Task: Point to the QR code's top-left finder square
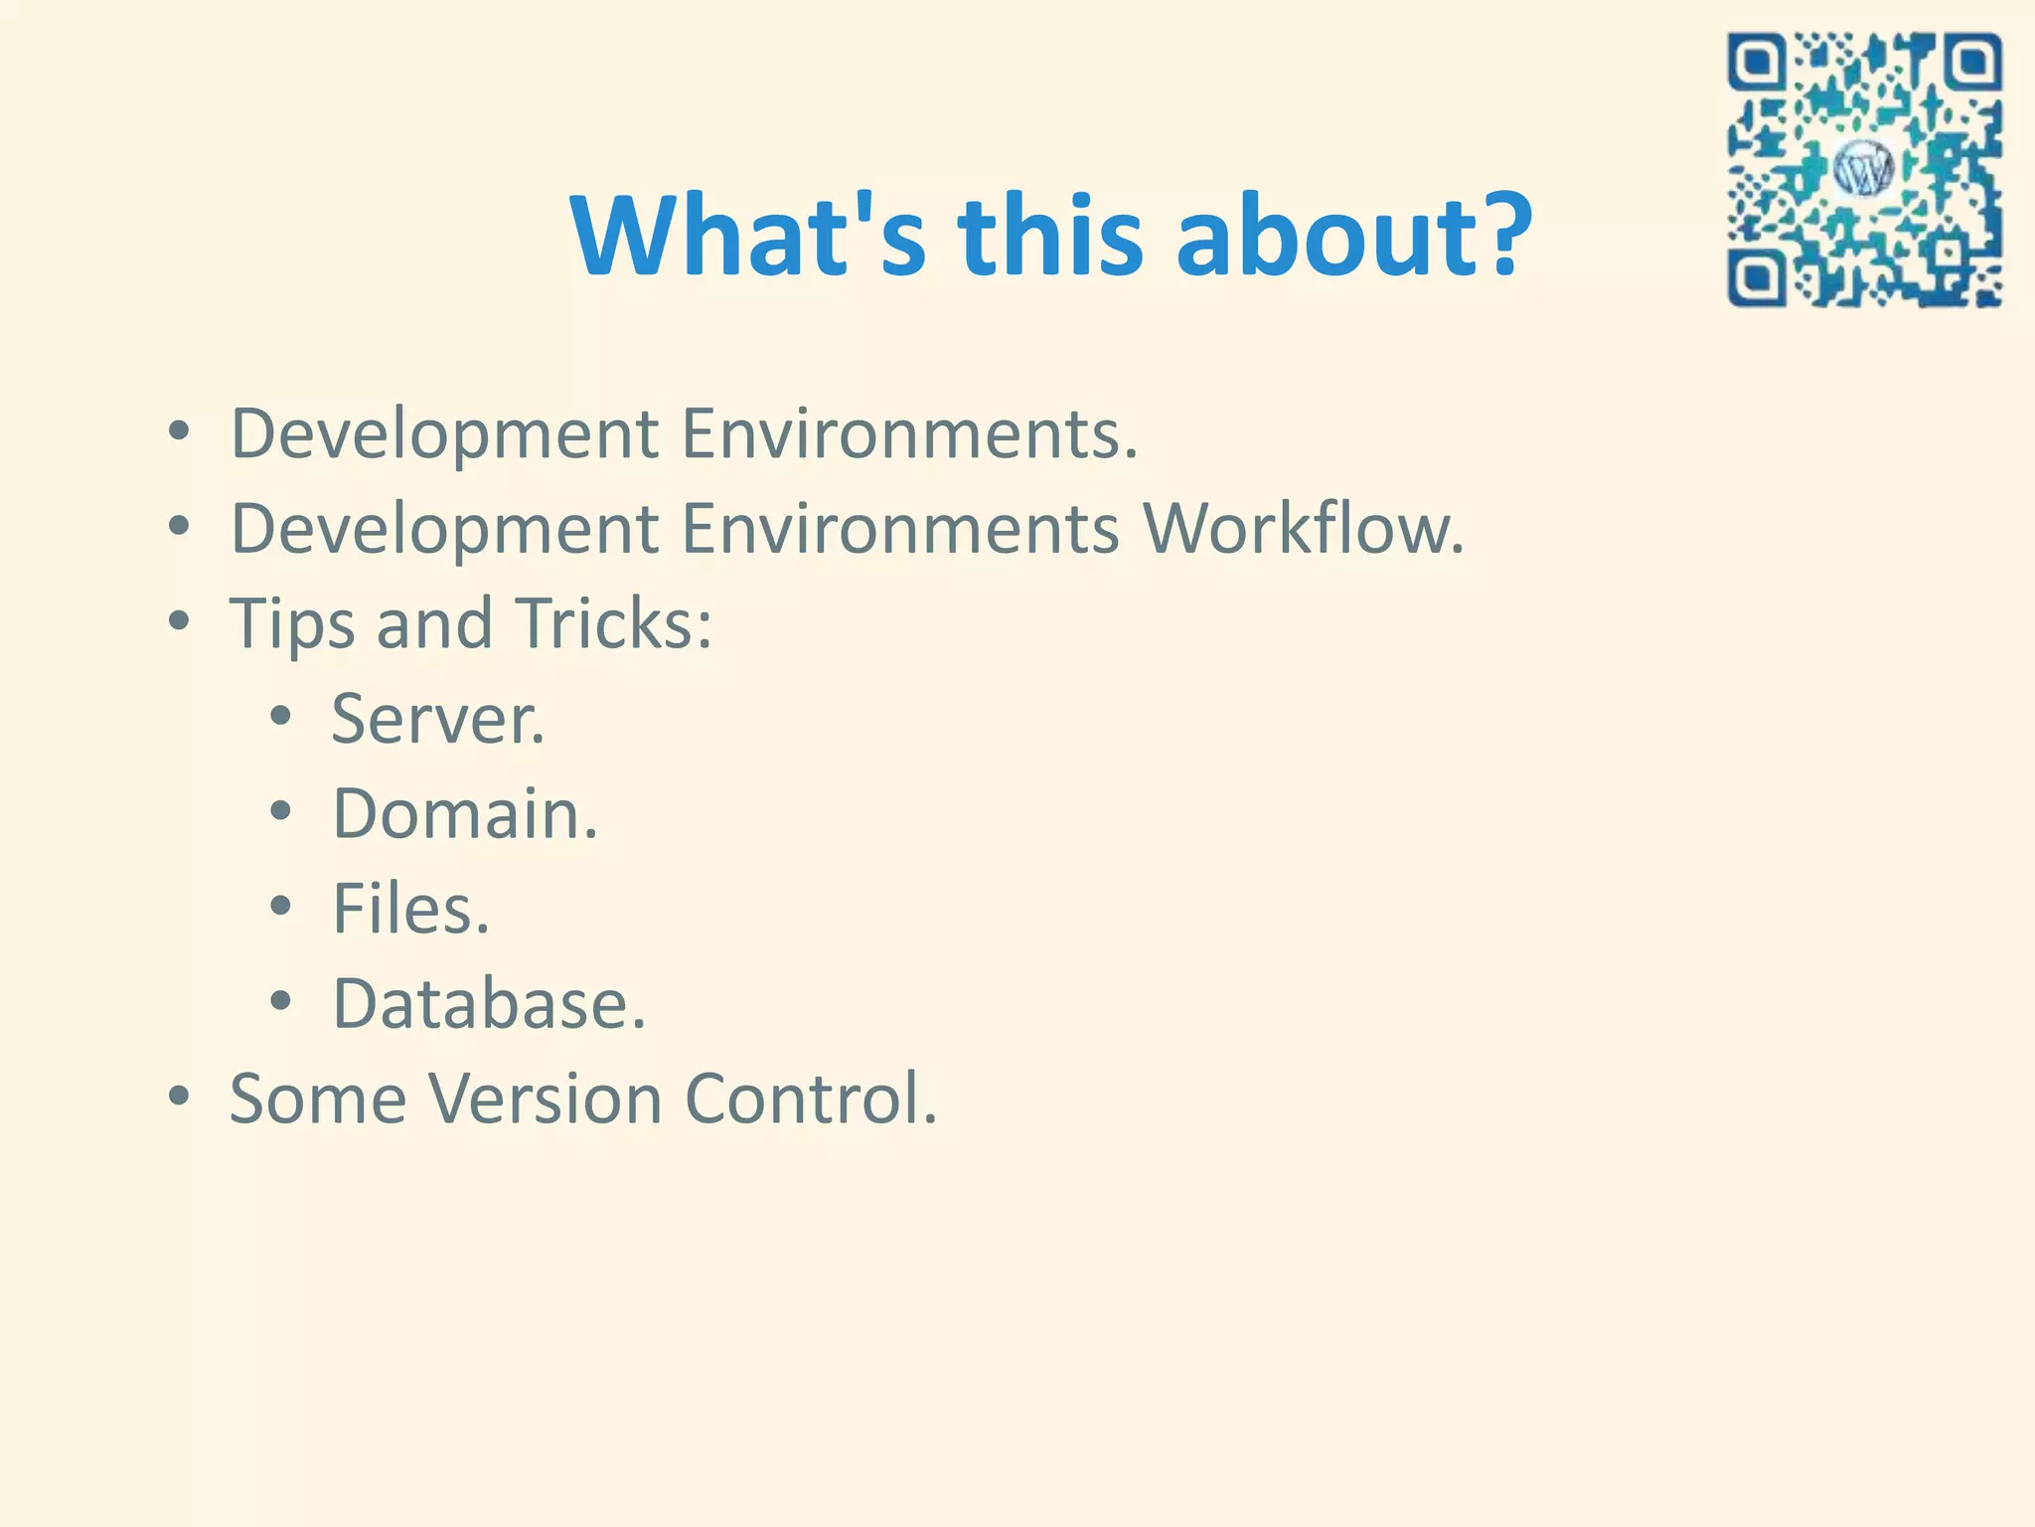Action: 1758,63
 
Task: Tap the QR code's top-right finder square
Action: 1972,63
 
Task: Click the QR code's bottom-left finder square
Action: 1758,277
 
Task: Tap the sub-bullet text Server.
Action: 438,719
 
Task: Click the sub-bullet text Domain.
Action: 465,813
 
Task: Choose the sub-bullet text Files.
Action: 410,909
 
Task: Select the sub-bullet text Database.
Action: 489,1003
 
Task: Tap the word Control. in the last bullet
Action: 811,1099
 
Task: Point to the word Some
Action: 318,1099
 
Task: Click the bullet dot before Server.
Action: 281,715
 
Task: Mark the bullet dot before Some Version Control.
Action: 179,1096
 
